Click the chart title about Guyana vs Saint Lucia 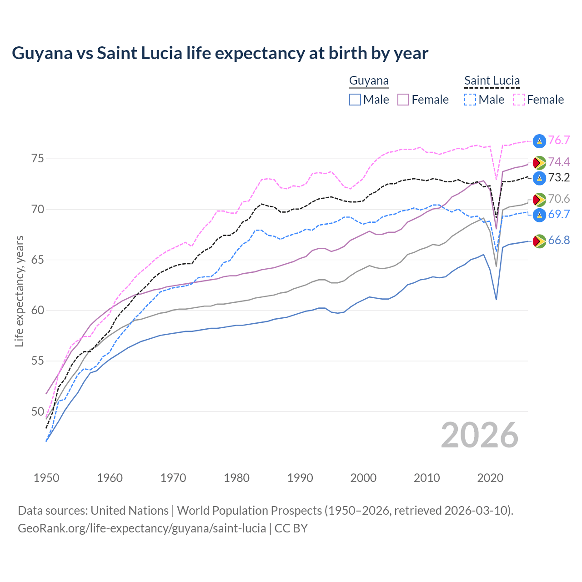coord(220,53)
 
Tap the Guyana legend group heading coord(369,81)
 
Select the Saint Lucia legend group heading coord(492,81)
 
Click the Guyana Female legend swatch coord(404,100)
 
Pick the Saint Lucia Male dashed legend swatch coord(470,100)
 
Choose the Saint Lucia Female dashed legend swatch coord(519,100)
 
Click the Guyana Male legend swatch coord(355,100)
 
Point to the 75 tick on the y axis coord(37,159)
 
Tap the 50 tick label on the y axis coord(37,411)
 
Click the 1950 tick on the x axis coord(46,478)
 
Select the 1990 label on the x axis coord(300,478)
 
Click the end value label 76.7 coord(559,140)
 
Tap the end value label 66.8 coord(559,241)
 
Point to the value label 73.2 coord(559,178)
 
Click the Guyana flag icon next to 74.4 coord(539,162)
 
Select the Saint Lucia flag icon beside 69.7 coord(539,215)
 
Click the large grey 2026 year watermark coord(480,435)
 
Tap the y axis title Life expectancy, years coord(19,291)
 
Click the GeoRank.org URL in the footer coord(142,528)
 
